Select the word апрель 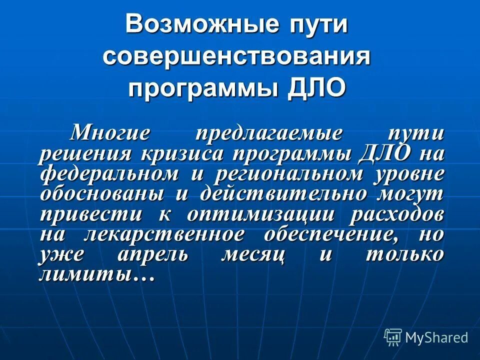153,254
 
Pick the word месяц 253,254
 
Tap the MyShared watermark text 436,337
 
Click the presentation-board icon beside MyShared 393,337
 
